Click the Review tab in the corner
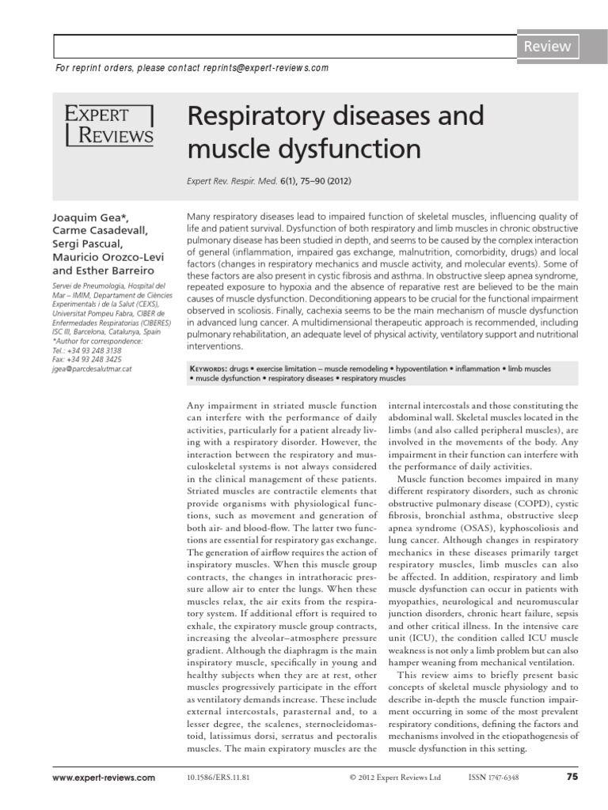[x=546, y=47]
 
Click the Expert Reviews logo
[x=109, y=124]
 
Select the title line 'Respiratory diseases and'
[x=335, y=116]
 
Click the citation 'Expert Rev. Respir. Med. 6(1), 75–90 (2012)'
[x=268, y=180]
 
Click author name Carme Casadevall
[x=99, y=230]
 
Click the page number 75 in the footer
[x=573, y=778]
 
